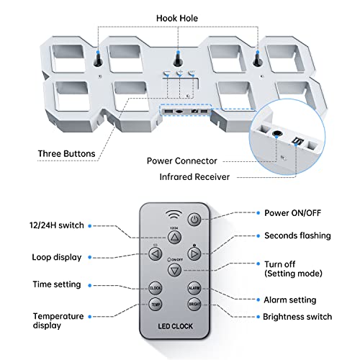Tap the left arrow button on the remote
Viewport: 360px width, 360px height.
tap(156, 253)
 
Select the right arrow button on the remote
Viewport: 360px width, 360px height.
tap(195, 253)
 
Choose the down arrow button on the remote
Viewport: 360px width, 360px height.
tap(176, 269)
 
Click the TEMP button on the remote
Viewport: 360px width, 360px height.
tap(156, 305)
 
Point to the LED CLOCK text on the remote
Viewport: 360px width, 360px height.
tap(176, 329)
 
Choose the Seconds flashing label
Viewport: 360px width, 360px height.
tap(297, 235)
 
